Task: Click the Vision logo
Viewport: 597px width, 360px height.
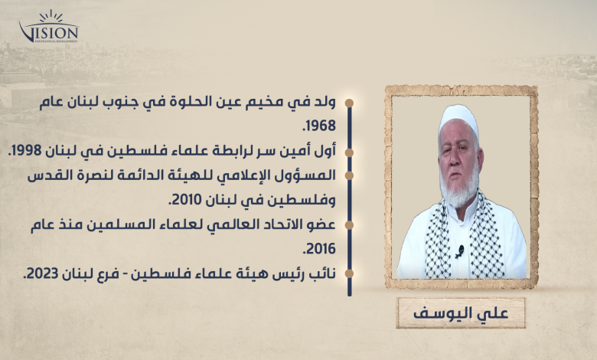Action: [x=49, y=27]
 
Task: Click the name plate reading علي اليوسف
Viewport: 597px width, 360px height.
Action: [x=461, y=313]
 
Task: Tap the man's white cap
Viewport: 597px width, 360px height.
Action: [x=458, y=119]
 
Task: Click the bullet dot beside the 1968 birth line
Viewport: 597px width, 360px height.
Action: [x=349, y=103]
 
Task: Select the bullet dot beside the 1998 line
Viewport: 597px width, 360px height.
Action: [x=349, y=152]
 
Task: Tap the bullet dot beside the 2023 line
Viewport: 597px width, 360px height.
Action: [x=349, y=273]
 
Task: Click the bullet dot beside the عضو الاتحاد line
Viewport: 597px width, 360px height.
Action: [x=349, y=225]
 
